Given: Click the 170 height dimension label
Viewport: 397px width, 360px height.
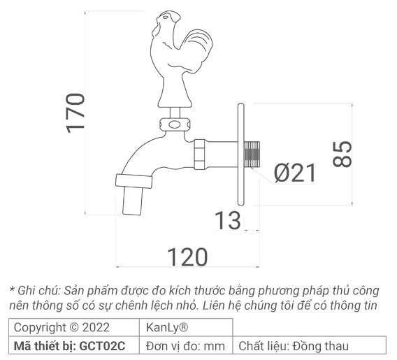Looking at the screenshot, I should coord(75,110).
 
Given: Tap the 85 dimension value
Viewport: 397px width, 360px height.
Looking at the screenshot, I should coord(342,154).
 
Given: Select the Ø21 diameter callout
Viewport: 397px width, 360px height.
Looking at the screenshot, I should coord(295,173).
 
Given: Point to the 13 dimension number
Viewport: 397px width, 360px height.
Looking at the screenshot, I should coord(226,221).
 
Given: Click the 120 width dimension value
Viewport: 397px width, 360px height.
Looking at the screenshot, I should coord(187,257).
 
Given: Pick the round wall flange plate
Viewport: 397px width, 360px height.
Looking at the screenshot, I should coord(240,153).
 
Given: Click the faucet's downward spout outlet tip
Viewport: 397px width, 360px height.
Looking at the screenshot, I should coord(132,201).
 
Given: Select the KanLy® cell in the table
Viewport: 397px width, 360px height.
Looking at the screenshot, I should coord(166,327).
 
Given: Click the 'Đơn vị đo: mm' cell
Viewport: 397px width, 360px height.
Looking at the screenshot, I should coord(186,345).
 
